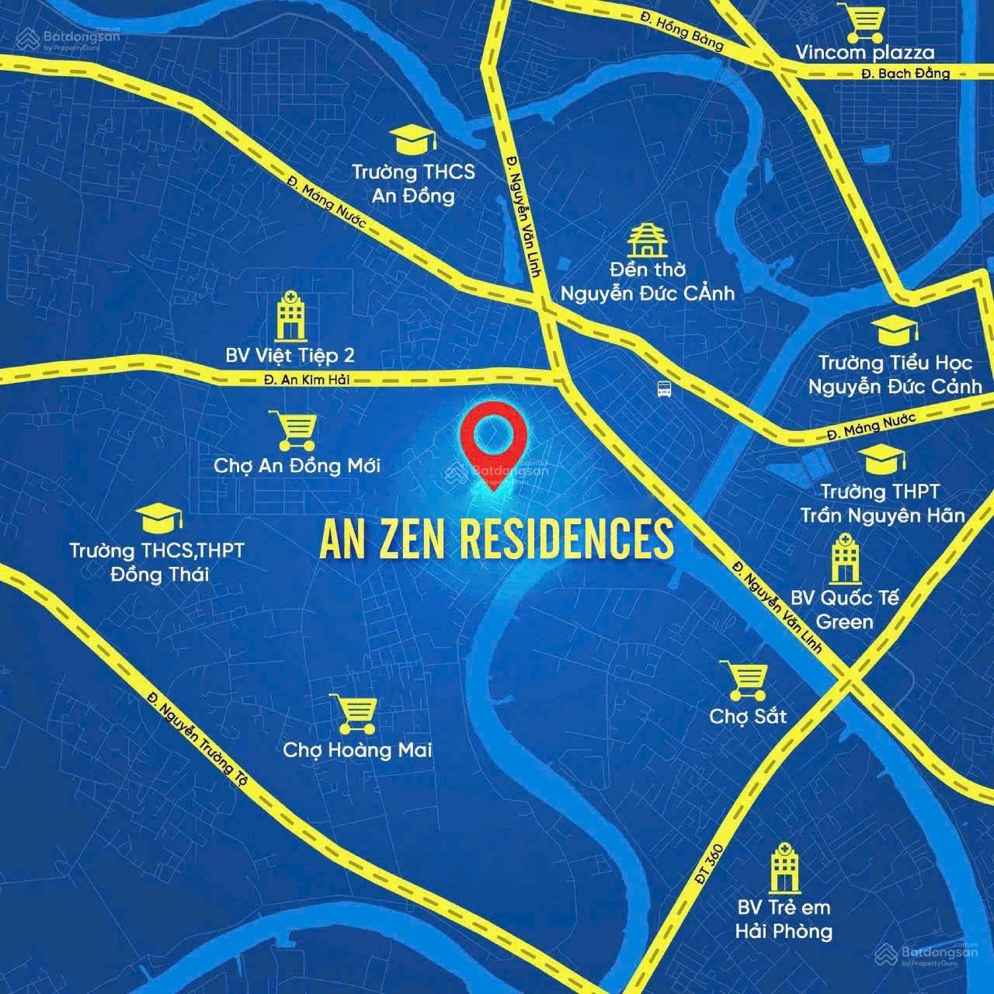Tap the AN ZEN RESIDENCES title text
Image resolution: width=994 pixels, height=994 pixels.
(496, 537)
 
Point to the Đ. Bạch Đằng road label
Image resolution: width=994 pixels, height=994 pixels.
(905, 74)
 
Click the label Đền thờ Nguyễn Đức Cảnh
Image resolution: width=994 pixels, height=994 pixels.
(647, 281)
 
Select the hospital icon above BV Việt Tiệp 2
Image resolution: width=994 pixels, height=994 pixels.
(290, 315)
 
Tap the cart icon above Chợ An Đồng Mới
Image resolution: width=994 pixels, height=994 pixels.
(294, 430)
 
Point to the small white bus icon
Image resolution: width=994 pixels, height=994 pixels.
(664, 390)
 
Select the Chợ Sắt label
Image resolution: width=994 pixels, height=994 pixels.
(748, 715)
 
